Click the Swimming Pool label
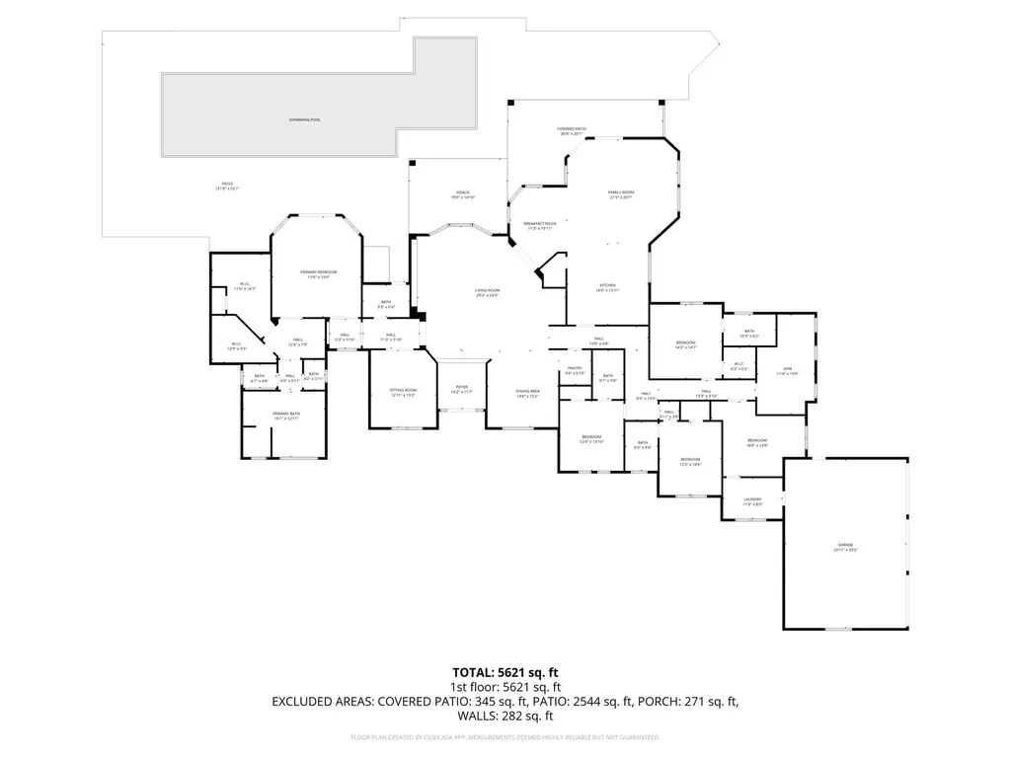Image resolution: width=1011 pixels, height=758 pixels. coord(305,119)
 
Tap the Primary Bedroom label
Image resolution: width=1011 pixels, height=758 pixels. coord(319,273)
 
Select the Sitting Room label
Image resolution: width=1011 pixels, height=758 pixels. coord(403,393)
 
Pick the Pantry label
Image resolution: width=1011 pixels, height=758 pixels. coord(576,371)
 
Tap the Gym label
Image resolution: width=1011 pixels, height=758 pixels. coord(788,372)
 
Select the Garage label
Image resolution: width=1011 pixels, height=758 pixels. coord(845,547)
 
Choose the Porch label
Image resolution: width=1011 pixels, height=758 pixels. coord(462,194)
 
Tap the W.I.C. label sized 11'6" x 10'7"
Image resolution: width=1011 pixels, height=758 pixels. coord(244,287)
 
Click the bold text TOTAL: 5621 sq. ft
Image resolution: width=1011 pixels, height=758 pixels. coord(505,672)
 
